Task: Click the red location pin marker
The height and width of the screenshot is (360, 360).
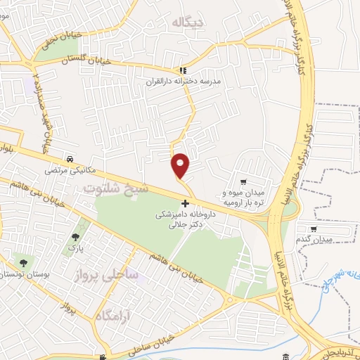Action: tap(180, 165)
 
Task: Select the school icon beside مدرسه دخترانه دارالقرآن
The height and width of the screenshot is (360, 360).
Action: tap(184, 70)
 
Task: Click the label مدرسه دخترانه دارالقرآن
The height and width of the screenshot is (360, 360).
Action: tap(182, 82)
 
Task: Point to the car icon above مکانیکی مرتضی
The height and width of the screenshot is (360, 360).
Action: tap(70, 159)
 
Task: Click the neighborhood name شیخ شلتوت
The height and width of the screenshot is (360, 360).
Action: tap(116, 188)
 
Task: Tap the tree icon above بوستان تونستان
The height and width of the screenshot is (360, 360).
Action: tap(23, 262)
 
